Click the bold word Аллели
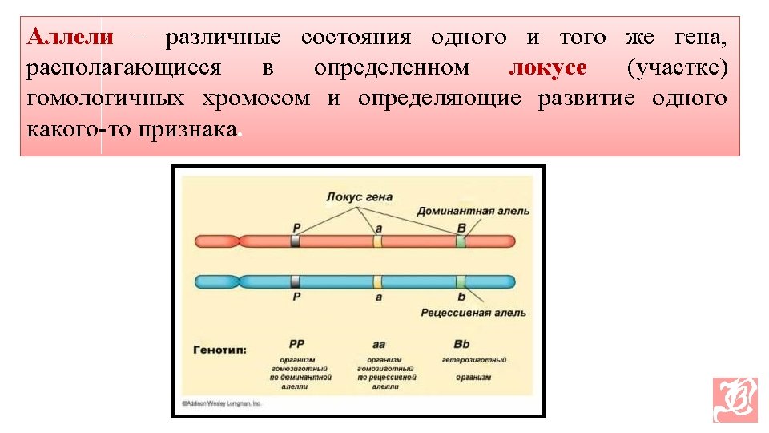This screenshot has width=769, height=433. coord(70,38)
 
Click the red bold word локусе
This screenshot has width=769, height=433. coord(548,68)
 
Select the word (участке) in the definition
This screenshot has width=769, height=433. coord(678,68)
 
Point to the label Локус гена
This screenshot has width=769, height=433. coord(358,196)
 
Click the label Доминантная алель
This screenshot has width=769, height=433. coord(473,211)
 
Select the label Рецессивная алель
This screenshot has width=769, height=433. coord(473,312)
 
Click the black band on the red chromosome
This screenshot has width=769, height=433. coord(296,241)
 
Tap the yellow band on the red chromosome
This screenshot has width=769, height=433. coord(377,241)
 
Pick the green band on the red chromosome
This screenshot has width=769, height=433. coord(461,241)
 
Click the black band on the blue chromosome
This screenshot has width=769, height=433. coord(296,281)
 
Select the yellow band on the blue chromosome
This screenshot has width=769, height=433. coord(377,281)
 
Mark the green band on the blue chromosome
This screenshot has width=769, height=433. coord(461,281)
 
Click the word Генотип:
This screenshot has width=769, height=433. coord(219,350)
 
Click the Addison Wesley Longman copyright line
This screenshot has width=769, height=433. coord(222,403)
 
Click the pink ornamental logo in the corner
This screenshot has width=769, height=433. coord(735,399)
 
